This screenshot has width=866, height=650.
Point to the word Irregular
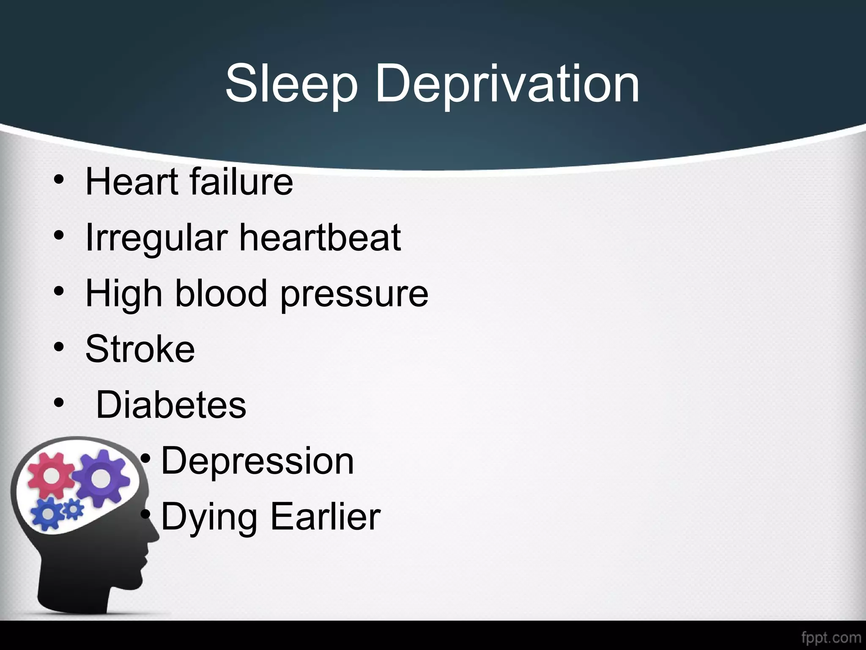157,238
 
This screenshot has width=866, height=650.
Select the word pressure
354,295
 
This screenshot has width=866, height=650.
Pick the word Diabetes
171,405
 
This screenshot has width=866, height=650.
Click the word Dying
209,517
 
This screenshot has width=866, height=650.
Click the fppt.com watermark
830,637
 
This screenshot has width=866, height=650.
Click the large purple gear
100,477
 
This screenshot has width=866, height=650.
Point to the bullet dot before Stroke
59,348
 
